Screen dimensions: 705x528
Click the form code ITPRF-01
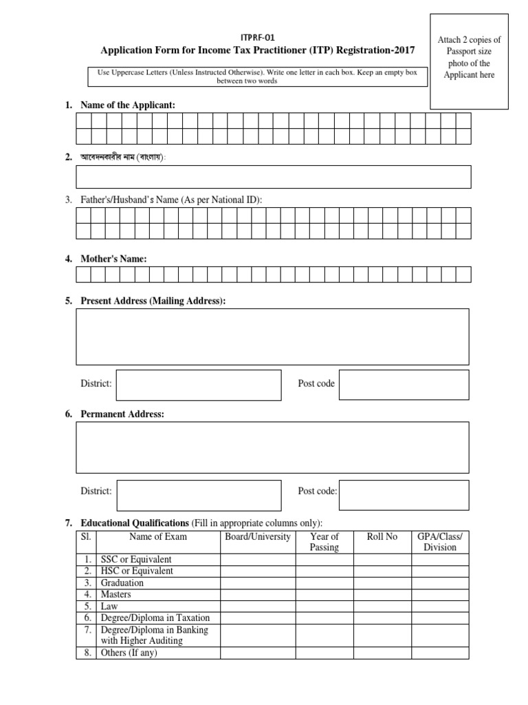pyautogui.click(x=258, y=38)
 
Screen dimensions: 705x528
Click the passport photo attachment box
pyautogui.click(x=470, y=61)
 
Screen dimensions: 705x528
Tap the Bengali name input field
pyautogui.click(x=274, y=177)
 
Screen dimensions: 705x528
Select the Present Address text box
pyautogui.click(x=273, y=337)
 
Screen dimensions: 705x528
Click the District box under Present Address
pyautogui.click(x=198, y=385)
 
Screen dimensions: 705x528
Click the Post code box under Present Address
pyautogui.click(x=404, y=385)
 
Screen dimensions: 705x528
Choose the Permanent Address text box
pyautogui.click(x=273, y=448)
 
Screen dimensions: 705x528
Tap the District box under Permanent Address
pyautogui.click(x=198, y=495)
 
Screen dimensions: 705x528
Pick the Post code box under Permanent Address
pyautogui.click(x=404, y=495)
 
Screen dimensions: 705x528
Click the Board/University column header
pyautogui.click(x=258, y=537)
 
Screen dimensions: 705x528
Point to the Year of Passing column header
pyautogui.click(x=324, y=542)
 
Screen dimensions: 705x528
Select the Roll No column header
pyautogui.click(x=382, y=537)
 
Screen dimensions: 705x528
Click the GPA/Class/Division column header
pyautogui.click(x=440, y=542)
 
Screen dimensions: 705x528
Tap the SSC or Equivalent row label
pyautogui.click(x=136, y=559)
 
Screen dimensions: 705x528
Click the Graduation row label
pyautogui.click(x=122, y=582)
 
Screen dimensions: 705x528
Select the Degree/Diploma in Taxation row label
pyautogui.click(x=155, y=618)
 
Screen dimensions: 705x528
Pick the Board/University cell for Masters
pyautogui.click(x=258, y=594)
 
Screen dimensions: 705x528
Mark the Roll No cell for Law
pyautogui.click(x=382, y=606)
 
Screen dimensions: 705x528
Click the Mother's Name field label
pyautogui.click(x=113, y=259)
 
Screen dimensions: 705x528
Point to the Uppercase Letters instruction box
pyautogui.click(x=258, y=76)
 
